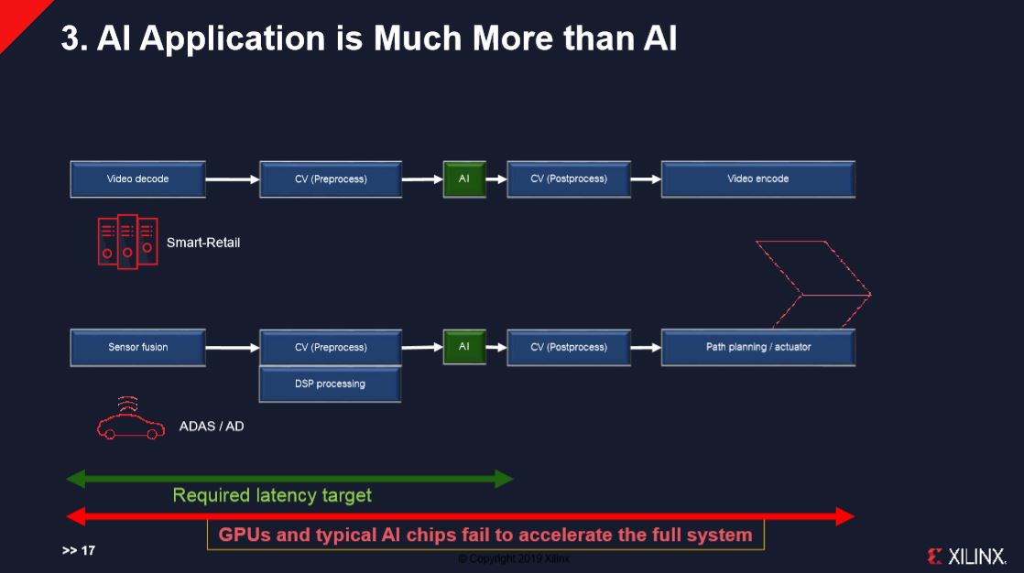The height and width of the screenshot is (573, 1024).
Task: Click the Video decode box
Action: (x=137, y=179)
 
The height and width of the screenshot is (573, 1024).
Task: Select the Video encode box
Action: (x=757, y=179)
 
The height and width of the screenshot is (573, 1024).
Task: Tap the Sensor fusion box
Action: (x=137, y=348)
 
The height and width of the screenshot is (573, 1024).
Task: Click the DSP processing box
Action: (x=330, y=384)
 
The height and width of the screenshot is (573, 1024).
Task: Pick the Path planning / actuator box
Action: (x=757, y=348)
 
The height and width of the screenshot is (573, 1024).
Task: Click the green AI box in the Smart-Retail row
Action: (x=463, y=179)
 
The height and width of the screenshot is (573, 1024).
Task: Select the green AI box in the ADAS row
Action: (x=463, y=348)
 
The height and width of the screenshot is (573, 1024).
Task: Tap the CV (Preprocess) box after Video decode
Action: (x=330, y=179)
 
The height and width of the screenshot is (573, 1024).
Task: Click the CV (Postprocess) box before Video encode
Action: (x=568, y=179)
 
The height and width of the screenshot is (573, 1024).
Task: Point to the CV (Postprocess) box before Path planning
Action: (x=568, y=348)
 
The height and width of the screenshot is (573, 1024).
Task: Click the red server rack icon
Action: (x=127, y=241)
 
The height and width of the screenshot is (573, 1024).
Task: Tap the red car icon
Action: (x=130, y=423)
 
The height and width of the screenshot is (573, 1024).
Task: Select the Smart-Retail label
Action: (x=202, y=243)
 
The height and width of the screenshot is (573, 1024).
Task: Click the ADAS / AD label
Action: (x=211, y=427)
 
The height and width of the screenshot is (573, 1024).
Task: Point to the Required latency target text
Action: (x=272, y=496)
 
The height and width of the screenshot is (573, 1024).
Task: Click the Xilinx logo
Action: (x=966, y=556)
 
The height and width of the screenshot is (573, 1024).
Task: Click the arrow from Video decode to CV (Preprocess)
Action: (x=233, y=180)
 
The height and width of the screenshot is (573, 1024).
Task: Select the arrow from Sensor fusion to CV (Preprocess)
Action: (x=233, y=348)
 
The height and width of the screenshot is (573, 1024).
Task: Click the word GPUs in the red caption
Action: (x=245, y=535)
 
